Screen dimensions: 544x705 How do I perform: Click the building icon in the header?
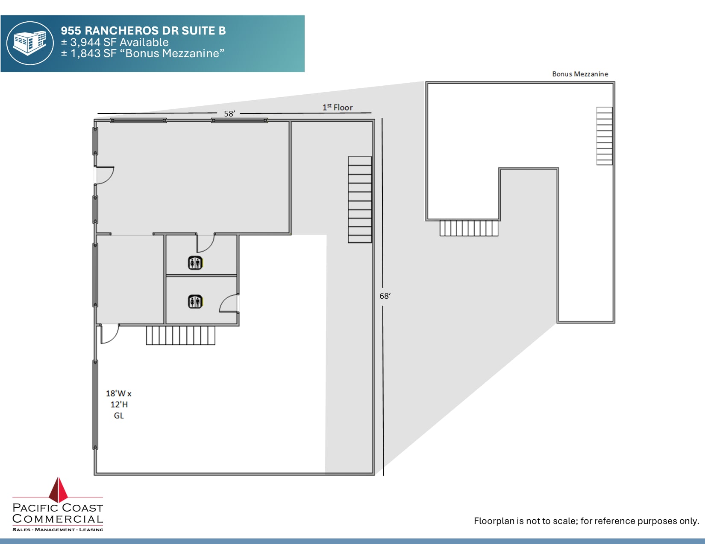[x=30, y=43]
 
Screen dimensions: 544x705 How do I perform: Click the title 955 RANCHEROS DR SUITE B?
[x=143, y=31]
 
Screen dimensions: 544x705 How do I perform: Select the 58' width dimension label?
[x=229, y=113]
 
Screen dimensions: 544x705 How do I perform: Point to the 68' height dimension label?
[x=385, y=296]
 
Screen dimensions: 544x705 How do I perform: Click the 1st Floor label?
[x=338, y=108]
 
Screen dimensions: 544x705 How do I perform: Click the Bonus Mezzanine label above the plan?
[x=580, y=74]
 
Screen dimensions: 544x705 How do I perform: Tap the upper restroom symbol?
[x=195, y=263]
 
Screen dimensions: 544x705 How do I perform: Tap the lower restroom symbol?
[x=195, y=302]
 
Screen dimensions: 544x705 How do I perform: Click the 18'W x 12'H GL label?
[x=119, y=404]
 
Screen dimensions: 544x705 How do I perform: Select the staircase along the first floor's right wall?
[x=360, y=200]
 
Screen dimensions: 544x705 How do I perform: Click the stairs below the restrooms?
[x=180, y=335]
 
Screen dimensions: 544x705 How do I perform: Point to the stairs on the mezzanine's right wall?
[x=604, y=136]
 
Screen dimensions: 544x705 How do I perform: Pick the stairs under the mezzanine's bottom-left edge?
[x=469, y=228]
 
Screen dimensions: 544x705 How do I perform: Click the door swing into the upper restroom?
[x=205, y=243]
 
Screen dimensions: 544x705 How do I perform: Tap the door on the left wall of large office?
[x=104, y=175]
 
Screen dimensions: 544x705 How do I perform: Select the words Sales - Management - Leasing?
[x=58, y=529]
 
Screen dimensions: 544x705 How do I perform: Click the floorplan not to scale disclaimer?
[x=586, y=521]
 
